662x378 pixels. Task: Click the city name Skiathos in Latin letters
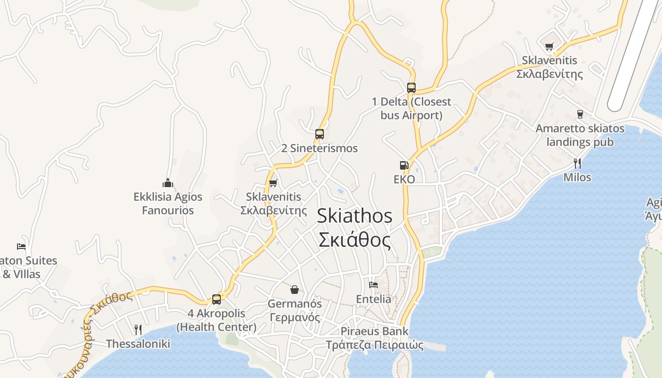pos(354,216)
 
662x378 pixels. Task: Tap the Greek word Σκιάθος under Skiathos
pos(354,240)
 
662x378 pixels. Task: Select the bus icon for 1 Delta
pos(411,87)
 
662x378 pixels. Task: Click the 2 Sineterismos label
pos(319,148)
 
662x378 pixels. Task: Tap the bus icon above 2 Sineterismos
pos(320,134)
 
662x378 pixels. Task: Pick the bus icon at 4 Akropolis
pos(217,299)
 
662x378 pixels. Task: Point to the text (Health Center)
pos(217,327)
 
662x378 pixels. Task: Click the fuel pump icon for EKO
pos(404,165)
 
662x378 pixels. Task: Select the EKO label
pos(404,179)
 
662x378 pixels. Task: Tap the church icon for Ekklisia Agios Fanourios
pos(167,182)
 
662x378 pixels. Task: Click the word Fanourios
pos(168,210)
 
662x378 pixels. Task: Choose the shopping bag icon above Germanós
pos(295,289)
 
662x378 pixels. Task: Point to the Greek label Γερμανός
pos(295,317)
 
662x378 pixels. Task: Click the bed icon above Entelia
pos(374,285)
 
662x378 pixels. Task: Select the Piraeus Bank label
pos(374,331)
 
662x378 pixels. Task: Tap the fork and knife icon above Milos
pos(577,163)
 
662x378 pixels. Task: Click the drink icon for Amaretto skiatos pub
pos(580,114)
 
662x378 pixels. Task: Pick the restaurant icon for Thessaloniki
pos(138,329)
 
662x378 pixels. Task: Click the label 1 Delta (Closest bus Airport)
pos(411,108)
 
